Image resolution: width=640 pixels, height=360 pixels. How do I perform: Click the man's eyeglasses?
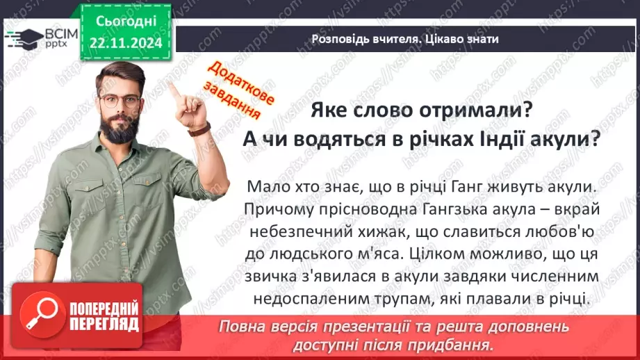[119, 100]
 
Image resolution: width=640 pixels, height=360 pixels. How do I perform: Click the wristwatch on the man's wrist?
[200, 129]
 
